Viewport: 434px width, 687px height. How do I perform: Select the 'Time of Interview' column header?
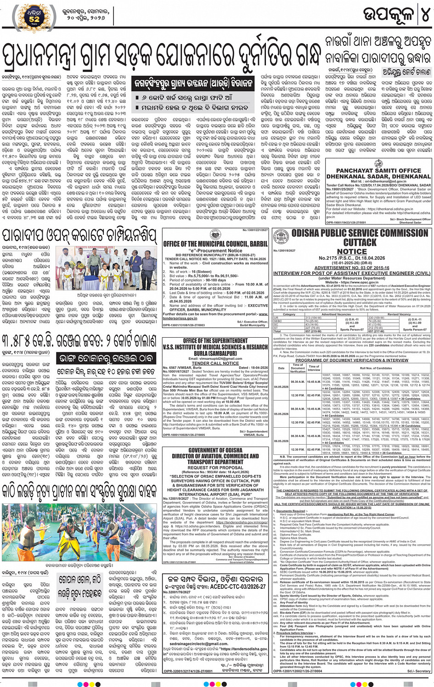tap(314, 368)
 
